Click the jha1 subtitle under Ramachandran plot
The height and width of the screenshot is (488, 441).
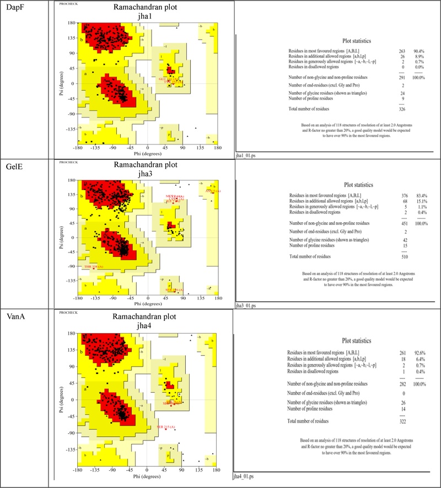[146, 17]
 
